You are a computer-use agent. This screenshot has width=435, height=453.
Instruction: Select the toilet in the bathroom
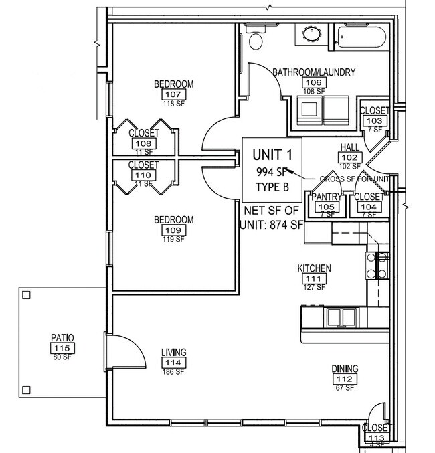[256, 39]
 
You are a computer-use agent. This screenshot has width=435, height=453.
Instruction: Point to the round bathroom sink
[311, 35]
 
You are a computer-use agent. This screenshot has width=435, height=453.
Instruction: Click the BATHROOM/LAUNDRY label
[313, 72]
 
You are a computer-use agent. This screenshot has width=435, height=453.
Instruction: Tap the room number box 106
[313, 82]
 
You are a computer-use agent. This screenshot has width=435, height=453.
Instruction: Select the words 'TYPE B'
[272, 187]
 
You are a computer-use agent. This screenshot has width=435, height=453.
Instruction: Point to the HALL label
[350, 147]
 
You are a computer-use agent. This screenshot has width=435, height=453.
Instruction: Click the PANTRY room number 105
[327, 207]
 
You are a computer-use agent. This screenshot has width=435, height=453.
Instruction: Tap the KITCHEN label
[314, 268]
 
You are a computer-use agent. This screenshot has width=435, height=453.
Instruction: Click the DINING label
[345, 369]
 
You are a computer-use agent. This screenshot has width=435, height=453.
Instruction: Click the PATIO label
[62, 338]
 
